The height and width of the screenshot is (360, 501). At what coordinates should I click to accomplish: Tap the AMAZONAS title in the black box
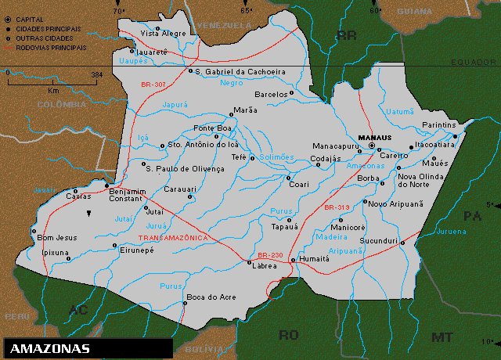pos(51,348)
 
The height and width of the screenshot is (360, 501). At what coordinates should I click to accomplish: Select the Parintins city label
pos(438,125)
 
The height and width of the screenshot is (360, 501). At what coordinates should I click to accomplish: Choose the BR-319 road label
pos(336,207)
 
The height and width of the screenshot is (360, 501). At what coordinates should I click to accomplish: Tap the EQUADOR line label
pos(474,61)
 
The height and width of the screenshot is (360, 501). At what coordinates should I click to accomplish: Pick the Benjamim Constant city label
pos(127,196)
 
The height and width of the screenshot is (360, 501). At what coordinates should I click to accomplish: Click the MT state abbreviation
pos(442,337)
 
